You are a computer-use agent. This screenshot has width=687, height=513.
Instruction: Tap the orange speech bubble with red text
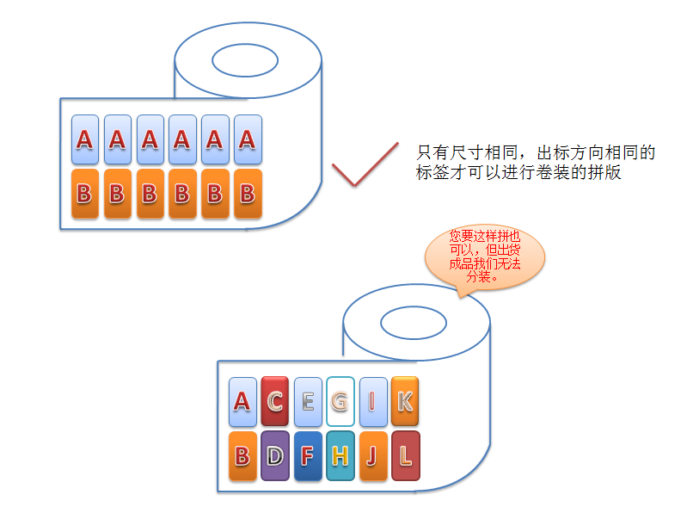[x=485, y=257]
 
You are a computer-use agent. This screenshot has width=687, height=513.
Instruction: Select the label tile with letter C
[x=275, y=401]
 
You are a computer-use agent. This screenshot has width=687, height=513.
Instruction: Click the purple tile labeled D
[x=275, y=455]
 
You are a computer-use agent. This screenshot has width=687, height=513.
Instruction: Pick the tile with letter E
[x=308, y=401]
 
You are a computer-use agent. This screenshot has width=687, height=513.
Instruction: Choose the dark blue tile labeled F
[x=308, y=455]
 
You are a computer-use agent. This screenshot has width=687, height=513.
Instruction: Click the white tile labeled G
[x=340, y=401]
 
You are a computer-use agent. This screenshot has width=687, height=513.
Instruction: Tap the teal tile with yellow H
[x=340, y=455]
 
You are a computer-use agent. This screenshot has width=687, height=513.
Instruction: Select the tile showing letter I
[x=373, y=401]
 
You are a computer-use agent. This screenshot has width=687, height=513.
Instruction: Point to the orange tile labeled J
[x=373, y=455]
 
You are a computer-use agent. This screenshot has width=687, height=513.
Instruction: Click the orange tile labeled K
[x=405, y=401]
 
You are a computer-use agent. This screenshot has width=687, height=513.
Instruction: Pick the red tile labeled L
[x=405, y=455]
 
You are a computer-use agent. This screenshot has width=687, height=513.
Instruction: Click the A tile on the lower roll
[x=242, y=401]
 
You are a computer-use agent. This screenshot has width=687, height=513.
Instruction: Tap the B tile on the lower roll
[x=242, y=455]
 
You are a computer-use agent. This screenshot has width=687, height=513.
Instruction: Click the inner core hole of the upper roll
[x=245, y=59]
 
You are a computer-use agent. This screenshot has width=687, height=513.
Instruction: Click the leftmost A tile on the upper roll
[x=84, y=139]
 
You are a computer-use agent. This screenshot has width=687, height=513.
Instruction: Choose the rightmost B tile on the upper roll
[x=248, y=194]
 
